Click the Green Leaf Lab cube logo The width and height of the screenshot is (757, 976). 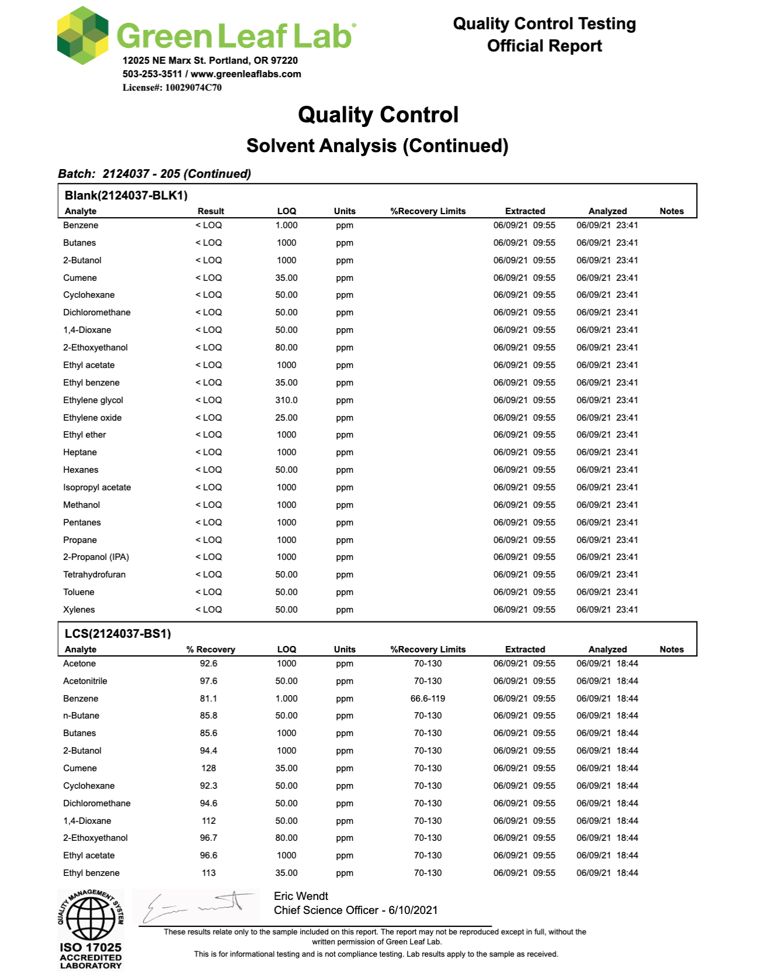82,35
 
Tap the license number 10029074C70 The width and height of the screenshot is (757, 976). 193,88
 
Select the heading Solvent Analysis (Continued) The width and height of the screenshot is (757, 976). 377,146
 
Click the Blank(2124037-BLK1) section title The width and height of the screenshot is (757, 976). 126,195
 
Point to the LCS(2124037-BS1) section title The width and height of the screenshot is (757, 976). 118,634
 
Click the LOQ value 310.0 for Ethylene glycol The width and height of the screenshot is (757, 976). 287,400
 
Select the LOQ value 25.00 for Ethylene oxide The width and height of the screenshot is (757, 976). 287,418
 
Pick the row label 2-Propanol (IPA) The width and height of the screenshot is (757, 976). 96,557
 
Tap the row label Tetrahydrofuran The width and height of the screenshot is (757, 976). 94,575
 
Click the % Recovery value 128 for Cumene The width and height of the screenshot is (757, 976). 209,768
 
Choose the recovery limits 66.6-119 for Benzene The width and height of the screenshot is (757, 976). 428,699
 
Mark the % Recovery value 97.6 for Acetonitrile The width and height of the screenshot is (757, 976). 209,681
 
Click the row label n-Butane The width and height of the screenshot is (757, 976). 81,716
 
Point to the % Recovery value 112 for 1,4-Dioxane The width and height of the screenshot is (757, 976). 209,821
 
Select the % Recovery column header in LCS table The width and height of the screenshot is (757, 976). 211,649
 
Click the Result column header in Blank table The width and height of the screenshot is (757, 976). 211,211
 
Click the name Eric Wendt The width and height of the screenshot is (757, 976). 301,896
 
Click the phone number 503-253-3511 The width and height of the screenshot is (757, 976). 152,74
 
